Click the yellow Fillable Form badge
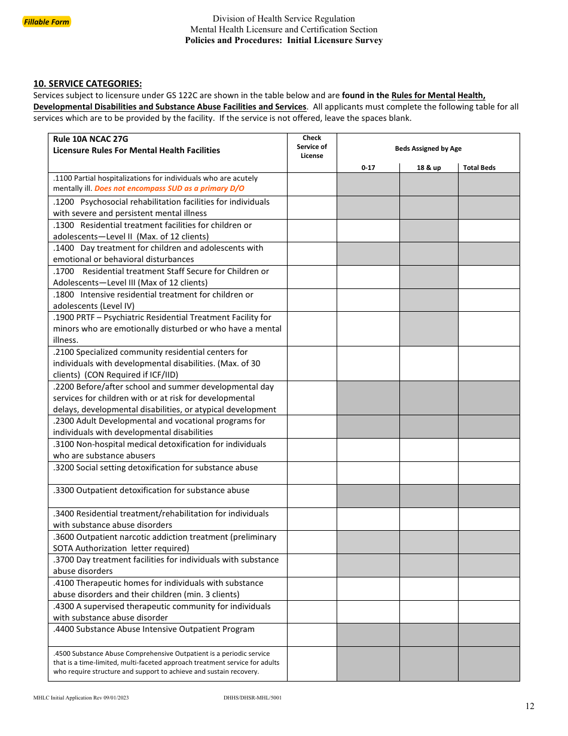pos(47,22)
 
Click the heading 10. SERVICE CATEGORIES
pos(87,84)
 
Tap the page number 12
pos(530,706)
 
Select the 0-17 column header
pos(368,168)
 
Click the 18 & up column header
pos(429,168)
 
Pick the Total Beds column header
pos(479,168)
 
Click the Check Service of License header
pos(312,147)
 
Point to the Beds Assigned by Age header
pos(428,148)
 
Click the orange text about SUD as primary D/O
pos(169,188)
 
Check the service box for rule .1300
pos(312,230)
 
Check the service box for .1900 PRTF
pos(312,329)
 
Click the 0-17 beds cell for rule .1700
pos(368,277)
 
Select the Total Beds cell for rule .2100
pos(488,363)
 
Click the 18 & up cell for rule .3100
pos(429,450)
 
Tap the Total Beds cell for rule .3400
pos(488,519)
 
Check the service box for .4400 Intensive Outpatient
pos(312,635)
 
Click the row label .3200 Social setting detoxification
pos(155,467)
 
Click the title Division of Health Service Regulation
pos(283,19)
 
